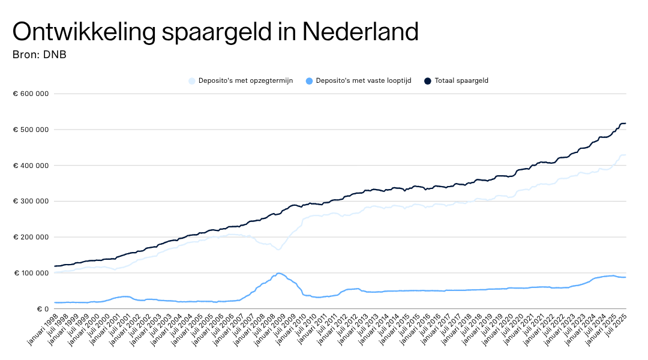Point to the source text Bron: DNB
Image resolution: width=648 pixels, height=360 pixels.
click(39, 55)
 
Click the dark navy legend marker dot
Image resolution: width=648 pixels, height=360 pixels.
click(428, 80)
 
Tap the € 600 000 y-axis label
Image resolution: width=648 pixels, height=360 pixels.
click(31, 94)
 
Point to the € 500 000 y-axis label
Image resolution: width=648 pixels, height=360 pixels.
click(31, 130)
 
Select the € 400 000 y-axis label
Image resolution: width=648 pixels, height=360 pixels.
click(31, 166)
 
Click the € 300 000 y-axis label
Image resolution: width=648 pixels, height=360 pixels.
click(31, 201)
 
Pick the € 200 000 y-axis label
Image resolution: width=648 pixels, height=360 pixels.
click(31, 237)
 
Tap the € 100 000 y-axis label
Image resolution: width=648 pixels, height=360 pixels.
click(31, 273)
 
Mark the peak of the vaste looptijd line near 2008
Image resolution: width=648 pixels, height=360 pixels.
click(279, 274)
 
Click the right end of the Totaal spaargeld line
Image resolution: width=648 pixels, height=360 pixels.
click(626, 123)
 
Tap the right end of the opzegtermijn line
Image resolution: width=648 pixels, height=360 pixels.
click(626, 155)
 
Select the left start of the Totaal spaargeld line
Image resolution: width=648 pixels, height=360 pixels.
click(55, 266)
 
